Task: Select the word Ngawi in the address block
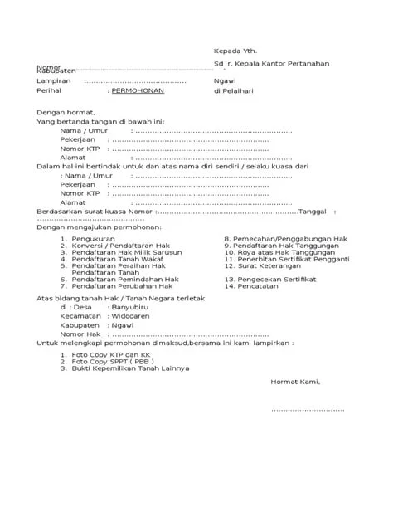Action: pyautogui.click(x=225, y=81)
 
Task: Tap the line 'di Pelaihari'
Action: pyautogui.click(x=235, y=95)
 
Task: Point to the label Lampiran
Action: pyautogui.click(x=53, y=81)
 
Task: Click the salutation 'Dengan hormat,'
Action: pyautogui.click(x=66, y=113)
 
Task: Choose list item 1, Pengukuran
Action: pyautogui.click(x=96, y=238)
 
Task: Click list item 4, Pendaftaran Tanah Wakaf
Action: pyautogui.click(x=112, y=259)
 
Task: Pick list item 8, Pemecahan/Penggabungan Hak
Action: pyautogui.click(x=290, y=238)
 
